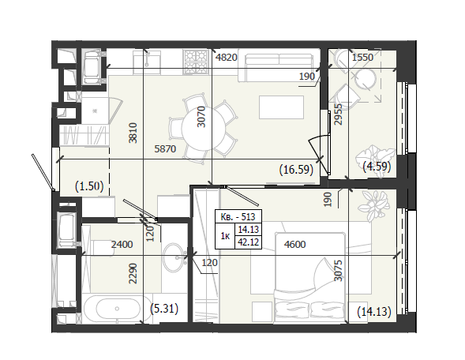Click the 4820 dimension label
(227, 57)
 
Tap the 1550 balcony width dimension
(362, 57)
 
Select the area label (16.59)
(296, 170)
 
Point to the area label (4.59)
(377, 167)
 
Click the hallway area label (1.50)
(89, 186)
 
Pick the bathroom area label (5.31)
(164, 309)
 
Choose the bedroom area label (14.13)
(374, 312)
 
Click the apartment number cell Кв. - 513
(238, 217)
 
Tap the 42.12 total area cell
(248, 242)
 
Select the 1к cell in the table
(225, 236)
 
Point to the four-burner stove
(196, 62)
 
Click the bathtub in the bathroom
(117, 309)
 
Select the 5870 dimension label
(165, 148)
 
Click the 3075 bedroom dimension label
(338, 271)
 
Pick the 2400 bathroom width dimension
(122, 245)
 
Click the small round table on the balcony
(366, 79)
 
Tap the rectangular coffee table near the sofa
(281, 107)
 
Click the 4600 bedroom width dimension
(294, 245)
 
